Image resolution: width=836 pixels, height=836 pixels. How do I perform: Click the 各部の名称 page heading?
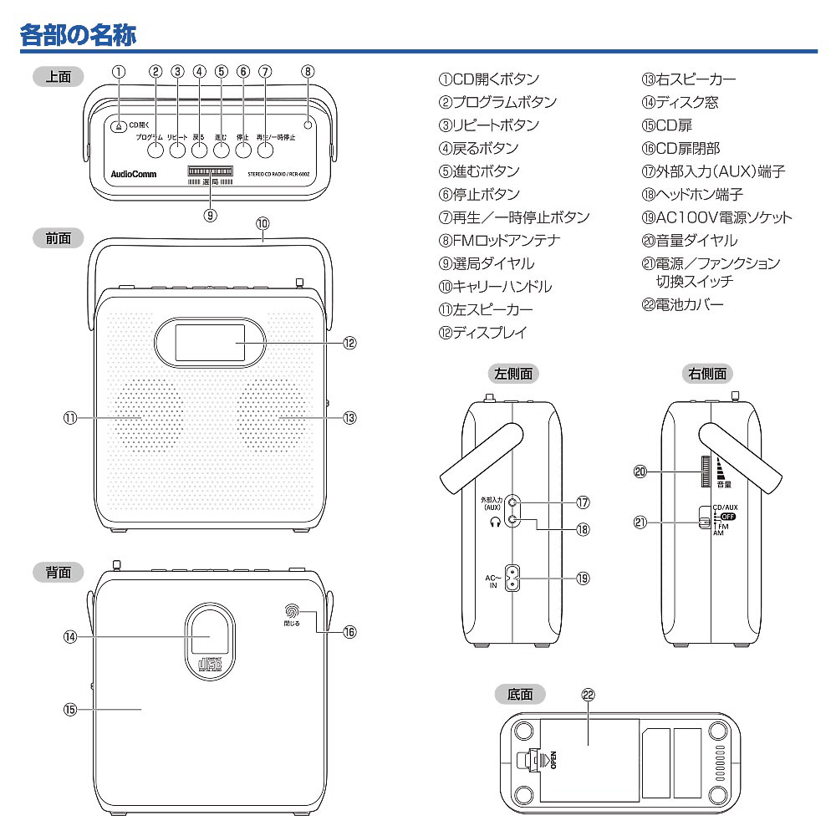coord(78,35)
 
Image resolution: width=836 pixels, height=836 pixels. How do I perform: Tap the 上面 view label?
coord(58,77)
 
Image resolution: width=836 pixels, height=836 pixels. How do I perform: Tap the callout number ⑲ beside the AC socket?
coord(583,578)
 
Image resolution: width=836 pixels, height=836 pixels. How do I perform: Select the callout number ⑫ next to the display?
coord(349,343)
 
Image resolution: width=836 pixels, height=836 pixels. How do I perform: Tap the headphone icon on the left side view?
coord(495,521)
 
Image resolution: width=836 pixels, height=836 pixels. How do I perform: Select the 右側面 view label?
coord(707,374)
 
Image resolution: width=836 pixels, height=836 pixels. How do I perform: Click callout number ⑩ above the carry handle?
coord(263,223)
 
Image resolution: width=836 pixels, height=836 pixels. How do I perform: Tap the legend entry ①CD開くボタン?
coord(489,79)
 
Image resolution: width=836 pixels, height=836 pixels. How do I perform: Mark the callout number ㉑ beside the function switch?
coord(642,522)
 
